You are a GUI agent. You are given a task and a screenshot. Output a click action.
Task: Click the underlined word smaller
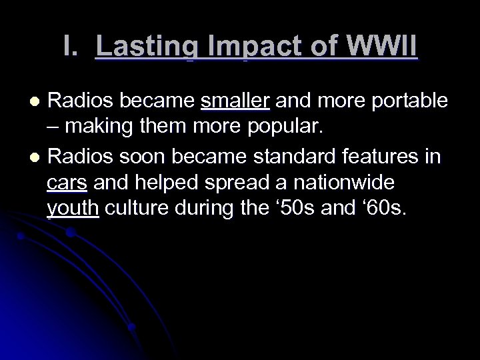tap(235, 101)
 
